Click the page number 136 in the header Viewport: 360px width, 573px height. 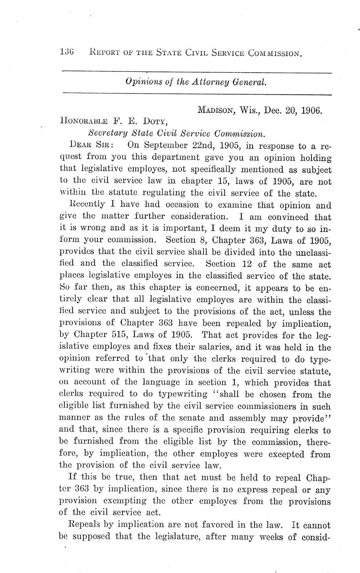pos(66,53)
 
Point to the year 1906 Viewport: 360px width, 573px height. pos(311,110)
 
